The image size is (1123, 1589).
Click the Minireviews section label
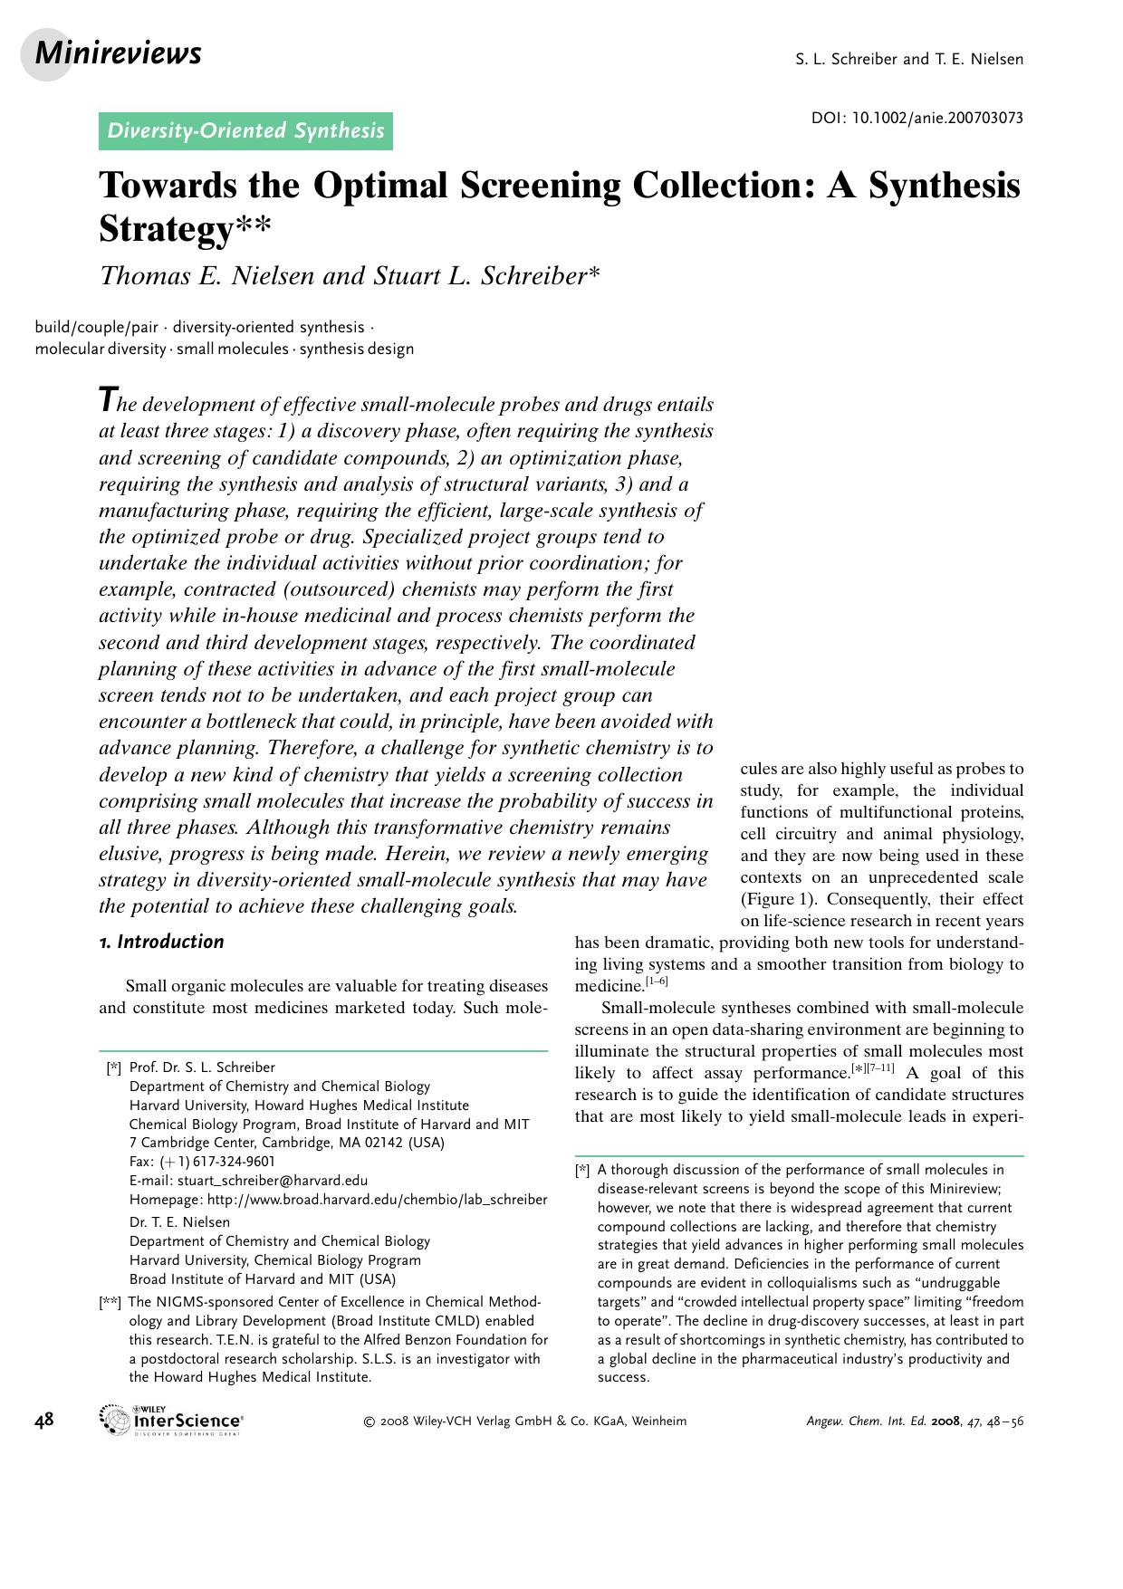[118, 54]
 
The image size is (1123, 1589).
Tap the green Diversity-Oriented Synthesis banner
[245, 131]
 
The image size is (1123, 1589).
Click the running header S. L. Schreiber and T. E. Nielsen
[908, 60]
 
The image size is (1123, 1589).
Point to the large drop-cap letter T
[108, 399]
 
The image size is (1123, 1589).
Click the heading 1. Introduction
[161, 942]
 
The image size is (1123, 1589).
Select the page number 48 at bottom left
[44, 1420]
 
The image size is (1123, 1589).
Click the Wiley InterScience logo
[172, 1420]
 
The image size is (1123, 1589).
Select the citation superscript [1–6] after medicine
[657, 981]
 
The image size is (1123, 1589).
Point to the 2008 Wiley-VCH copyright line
[524, 1421]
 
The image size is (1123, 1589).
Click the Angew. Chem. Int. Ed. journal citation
[914, 1421]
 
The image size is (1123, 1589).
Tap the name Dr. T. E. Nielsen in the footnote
[179, 1222]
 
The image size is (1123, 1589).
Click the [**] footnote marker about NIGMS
[110, 1302]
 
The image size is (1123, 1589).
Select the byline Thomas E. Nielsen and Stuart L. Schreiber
[349, 275]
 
